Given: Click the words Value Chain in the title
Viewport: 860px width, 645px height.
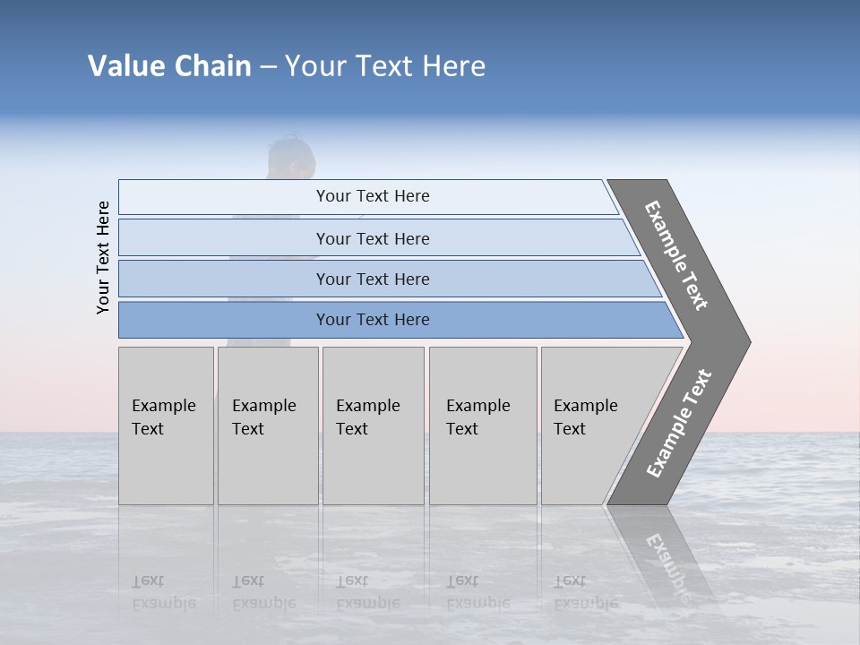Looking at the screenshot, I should tap(169, 66).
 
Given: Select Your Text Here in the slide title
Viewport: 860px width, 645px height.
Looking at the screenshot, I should tap(385, 66).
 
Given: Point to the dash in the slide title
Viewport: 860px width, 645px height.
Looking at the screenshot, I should tap(268, 67).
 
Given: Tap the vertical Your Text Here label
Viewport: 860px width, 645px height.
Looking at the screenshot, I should tap(103, 257).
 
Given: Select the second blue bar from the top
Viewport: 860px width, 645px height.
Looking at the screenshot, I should tap(372, 238).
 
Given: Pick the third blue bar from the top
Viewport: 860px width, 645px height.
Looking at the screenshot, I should tap(372, 279).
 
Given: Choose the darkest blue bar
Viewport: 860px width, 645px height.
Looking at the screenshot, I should tap(372, 320).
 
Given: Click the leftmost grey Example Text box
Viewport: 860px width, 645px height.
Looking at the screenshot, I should tap(166, 426).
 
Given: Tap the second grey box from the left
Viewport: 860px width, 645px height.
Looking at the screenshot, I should tap(268, 426).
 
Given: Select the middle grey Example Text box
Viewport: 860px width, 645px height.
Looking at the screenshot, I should tap(373, 426).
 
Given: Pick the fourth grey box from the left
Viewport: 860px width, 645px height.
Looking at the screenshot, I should tap(483, 426).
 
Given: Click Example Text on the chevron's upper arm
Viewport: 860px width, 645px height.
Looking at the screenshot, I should tap(676, 255).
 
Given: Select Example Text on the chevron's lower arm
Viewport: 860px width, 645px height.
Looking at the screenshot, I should tap(679, 424).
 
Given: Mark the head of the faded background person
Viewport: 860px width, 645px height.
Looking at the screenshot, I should tap(291, 157).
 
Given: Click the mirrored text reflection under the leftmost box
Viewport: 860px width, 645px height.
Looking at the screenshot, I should tap(163, 592).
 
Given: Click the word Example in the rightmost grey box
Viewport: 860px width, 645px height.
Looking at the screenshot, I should tap(585, 406).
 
